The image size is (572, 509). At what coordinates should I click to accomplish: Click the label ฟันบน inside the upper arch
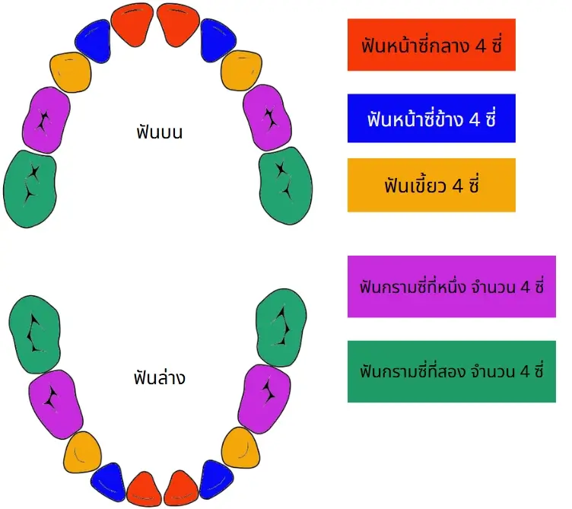click(160, 132)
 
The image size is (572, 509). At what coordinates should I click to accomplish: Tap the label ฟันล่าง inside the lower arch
click(160, 377)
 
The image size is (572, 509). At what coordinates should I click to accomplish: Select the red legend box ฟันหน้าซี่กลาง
click(431, 45)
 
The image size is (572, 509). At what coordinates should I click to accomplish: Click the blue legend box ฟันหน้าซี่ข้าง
click(431, 118)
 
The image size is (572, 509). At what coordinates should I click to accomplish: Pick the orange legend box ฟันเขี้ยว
click(431, 185)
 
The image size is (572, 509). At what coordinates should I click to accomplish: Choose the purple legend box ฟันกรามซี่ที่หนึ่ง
click(452, 286)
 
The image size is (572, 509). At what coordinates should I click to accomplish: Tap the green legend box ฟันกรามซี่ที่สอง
click(452, 371)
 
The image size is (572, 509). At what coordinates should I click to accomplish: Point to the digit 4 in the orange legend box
click(457, 186)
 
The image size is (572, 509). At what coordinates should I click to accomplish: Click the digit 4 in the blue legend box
click(474, 119)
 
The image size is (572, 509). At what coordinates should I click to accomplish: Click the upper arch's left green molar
click(30, 189)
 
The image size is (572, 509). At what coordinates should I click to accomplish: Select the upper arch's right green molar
click(286, 186)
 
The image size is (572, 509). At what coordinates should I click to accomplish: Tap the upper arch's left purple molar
click(46, 120)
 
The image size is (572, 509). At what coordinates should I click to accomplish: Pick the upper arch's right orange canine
click(241, 71)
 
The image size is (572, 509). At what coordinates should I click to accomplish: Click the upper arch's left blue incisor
click(94, 42)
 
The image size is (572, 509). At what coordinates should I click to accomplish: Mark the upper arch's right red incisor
click(179, 24)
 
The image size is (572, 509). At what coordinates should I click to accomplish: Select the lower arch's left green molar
click(35, 335)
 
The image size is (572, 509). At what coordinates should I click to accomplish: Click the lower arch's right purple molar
click(265, 399)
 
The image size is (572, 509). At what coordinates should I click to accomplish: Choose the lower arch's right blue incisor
click(216, 480)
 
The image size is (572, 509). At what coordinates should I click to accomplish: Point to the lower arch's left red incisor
click(144, 489)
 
